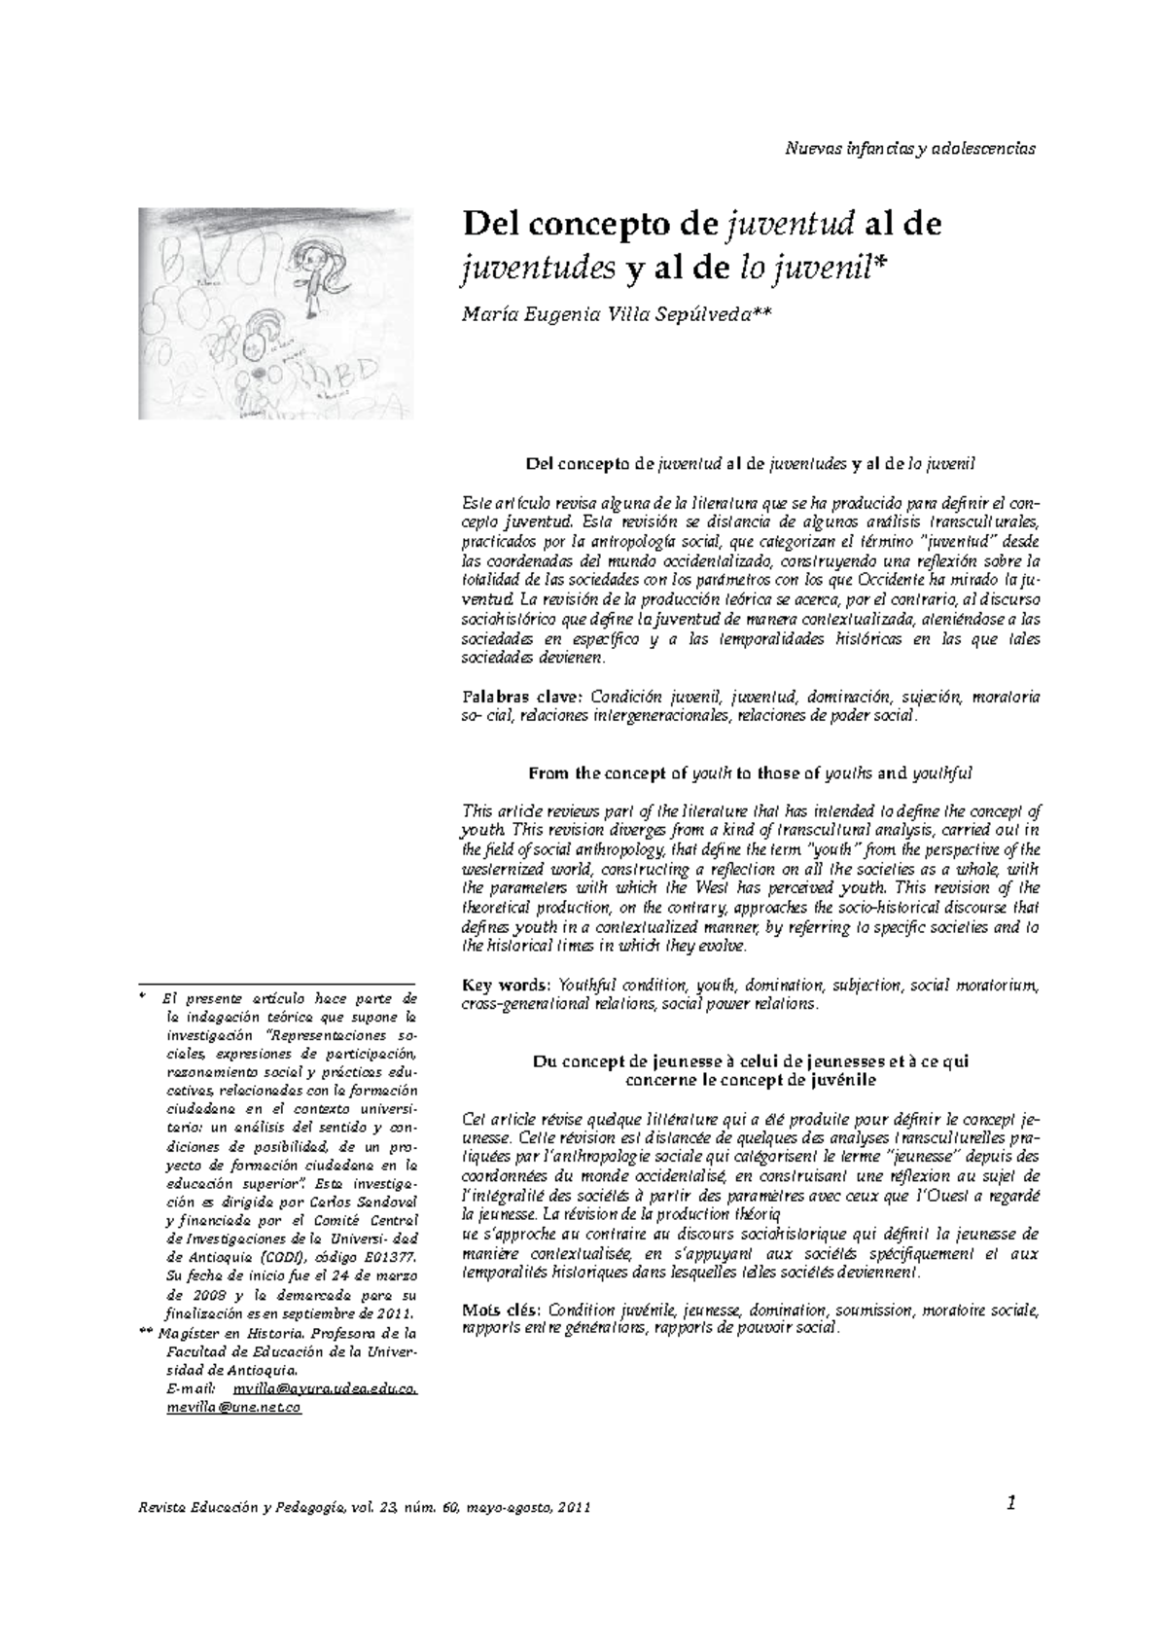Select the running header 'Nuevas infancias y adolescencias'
[x=909, y=149]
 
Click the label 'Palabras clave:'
[x=520, y=698]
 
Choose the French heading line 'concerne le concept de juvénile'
[x=750, y=1081]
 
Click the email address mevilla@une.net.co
[x=233, y=1408]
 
